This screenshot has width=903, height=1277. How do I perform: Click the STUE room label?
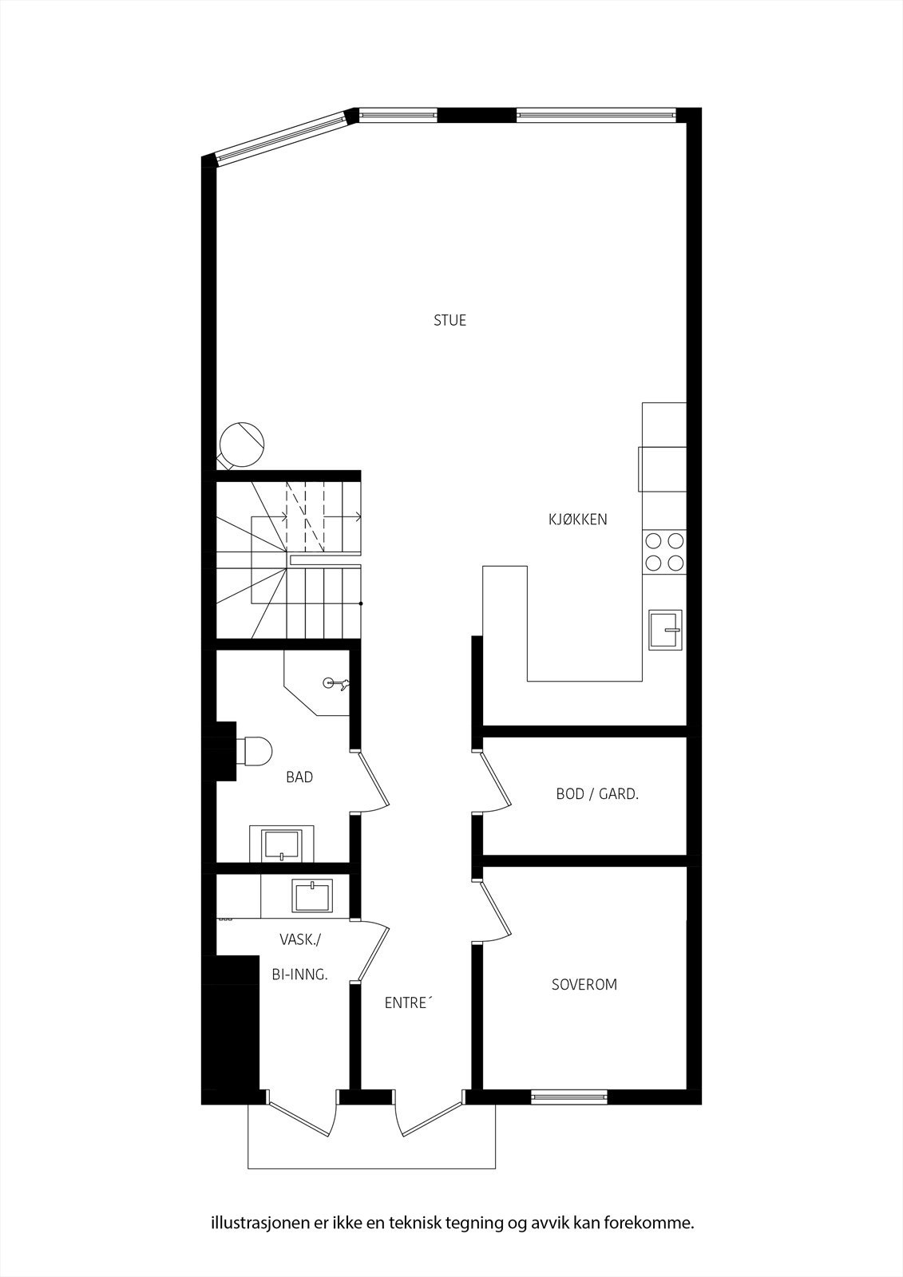click(450, 321)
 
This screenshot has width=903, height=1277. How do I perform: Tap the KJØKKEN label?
click(577, 520)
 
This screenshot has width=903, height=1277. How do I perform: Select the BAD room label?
click(299, 777)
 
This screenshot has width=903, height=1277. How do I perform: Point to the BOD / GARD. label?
click(597, 794)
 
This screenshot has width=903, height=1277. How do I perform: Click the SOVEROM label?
click(584, 984)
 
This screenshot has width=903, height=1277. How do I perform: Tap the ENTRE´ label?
click(407, 1003)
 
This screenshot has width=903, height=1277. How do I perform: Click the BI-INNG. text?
click(299, 975)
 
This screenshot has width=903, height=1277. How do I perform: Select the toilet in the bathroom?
click(254, 751)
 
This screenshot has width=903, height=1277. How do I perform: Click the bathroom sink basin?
click(282, 844)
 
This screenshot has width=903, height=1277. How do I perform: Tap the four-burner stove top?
click(664, 552)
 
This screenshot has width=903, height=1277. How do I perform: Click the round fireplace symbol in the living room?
click(241, 443)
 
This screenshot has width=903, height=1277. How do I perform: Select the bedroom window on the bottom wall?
click(569, 1097)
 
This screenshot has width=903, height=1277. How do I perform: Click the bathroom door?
click(372, 781)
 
